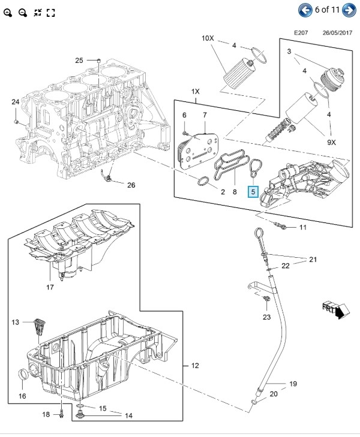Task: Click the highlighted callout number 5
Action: pyautogui.click(x=253, y=192)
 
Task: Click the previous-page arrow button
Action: pyautogui.click(x=306, y=10)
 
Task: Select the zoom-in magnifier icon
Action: pyautogui.click(x=8, y=13)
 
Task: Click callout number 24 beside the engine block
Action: pyautogui.click(x=15, y=102)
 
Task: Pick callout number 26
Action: pyautogui.click(x=131, y=185)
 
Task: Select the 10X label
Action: pyautogui.click(x=207, y=38)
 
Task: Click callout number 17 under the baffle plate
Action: pyautogui.click(x=50, y=287)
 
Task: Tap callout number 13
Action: pyautogui.click(x=15, y=323)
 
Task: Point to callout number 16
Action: pyautogui.click(x=22, y=396)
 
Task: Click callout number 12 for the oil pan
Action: pyautogui.click(x=194, y=365)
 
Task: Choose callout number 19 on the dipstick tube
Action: pyautogui.click(x=293, y=383)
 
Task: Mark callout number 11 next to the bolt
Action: pyautogui.click(x=302, y=227)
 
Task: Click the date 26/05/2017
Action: pyautogui.click(x=337, y=33)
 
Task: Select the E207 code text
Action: pyautogui.click(x=301, y=33)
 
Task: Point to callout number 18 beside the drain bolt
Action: pyautogui.click(x=46, y=414)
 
